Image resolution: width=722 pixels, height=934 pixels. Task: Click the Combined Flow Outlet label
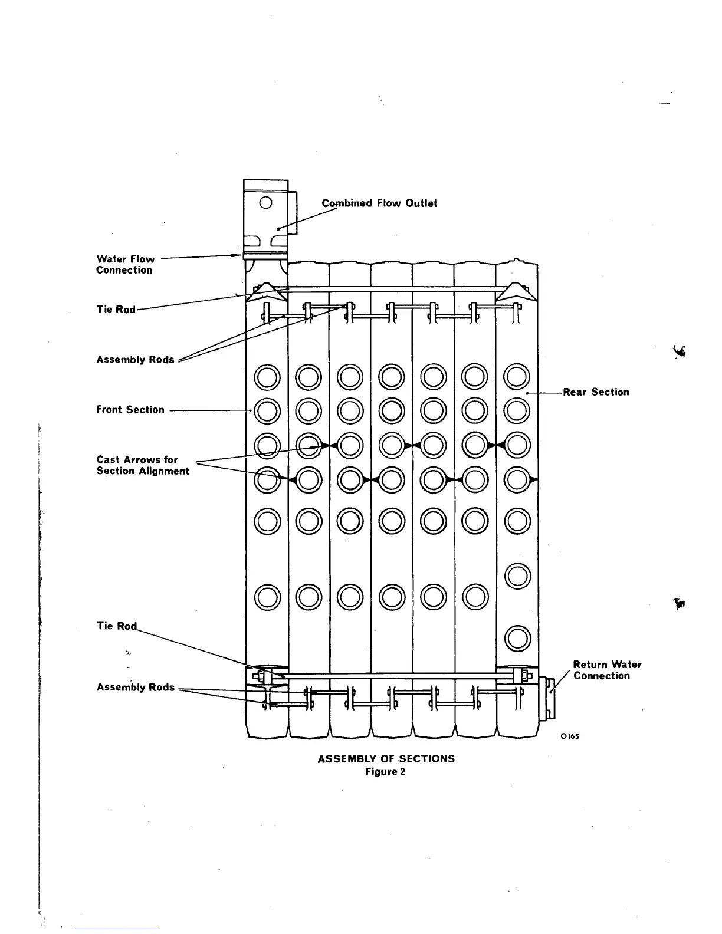pos(379,203)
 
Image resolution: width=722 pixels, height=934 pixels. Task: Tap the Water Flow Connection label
pos(125,265)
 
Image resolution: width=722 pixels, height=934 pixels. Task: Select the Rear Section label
pos(596,392)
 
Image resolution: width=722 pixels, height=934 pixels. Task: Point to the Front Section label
pos(130,410)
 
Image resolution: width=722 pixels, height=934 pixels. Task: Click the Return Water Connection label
pos(607,670)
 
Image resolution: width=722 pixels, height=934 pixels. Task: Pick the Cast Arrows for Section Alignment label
pos(143,465)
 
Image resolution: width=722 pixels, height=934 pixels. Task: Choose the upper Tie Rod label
pos(116,310)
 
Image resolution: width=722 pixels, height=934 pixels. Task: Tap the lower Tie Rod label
pos(116,626)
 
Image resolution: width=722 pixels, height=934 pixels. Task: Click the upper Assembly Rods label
pos(135,360)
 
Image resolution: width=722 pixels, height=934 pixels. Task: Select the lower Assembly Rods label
pos(135,688)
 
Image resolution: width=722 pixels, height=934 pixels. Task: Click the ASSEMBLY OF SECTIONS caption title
pos(386,759)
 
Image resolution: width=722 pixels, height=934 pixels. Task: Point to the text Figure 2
pos(385,772)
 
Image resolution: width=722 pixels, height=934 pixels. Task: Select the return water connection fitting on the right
pos(547,697)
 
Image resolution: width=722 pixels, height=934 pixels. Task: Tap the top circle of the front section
pos(267,377)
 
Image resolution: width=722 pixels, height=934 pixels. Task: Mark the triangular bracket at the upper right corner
pos(516,292)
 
